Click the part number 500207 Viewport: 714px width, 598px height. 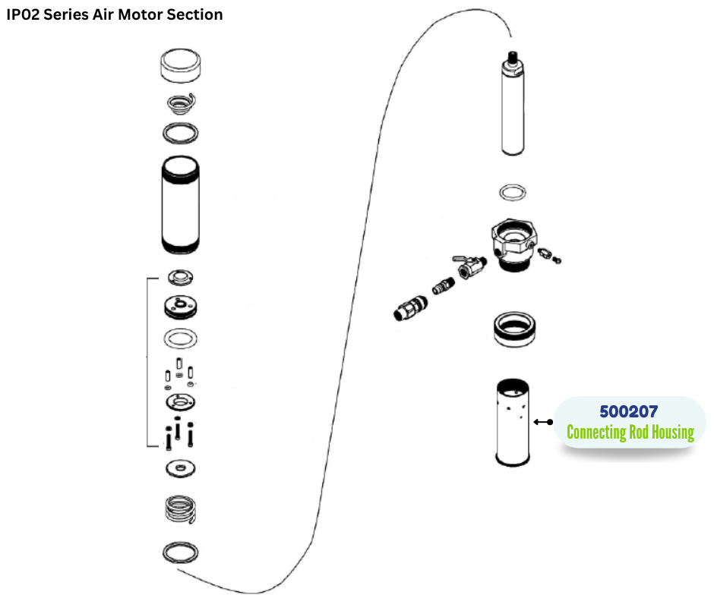coord(628,412)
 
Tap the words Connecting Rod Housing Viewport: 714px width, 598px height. coord(630,433)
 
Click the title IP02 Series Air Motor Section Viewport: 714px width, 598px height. coord(115,14)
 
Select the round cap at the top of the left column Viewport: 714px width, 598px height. coord(182,66)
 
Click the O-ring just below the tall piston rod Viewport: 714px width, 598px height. coord(514,191)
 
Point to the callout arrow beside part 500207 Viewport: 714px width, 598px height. coord(543,422)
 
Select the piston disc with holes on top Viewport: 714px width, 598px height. coord(182,307)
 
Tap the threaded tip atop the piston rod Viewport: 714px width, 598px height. coord(514,57)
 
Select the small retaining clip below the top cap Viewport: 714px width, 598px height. coord(182,102)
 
